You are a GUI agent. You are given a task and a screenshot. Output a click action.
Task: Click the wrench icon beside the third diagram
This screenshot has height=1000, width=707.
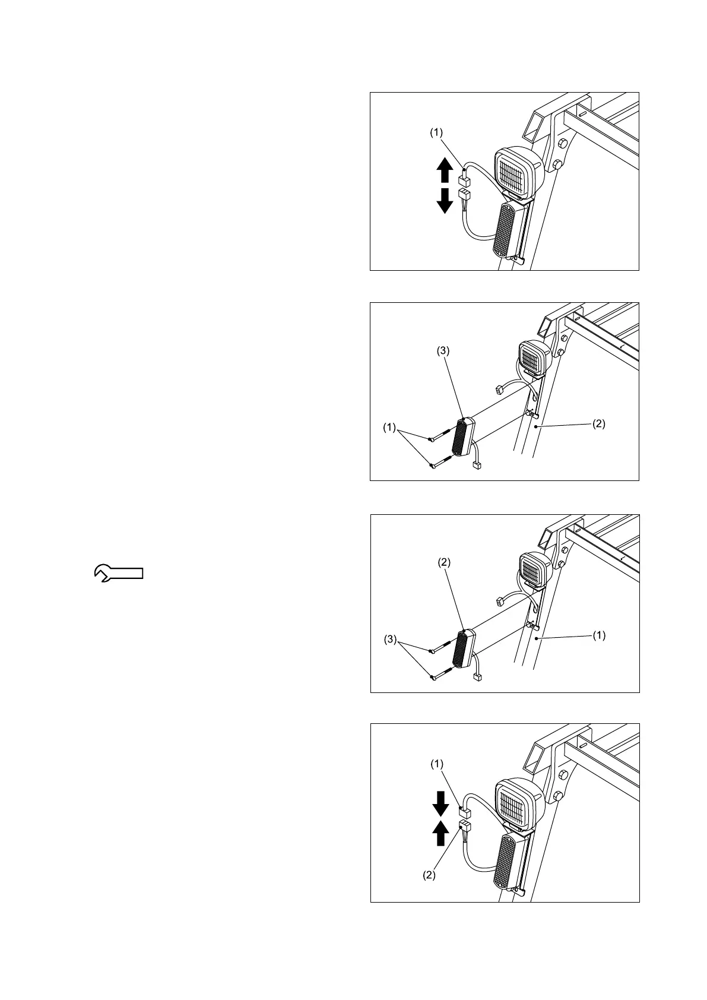[x=119, y=573]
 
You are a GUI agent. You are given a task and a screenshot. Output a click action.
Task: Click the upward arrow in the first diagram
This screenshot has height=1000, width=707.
[x=444, y=170]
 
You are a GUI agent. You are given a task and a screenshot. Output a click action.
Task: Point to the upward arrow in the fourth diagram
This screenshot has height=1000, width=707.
[x=440, y=834]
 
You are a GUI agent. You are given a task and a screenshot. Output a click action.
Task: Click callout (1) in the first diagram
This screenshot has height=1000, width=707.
[x=436, y=134]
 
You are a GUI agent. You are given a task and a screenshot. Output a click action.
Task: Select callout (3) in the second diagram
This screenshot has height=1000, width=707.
[x=444, y=351]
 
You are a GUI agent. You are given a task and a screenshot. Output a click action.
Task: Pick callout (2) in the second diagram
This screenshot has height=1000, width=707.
[x=599, y=424]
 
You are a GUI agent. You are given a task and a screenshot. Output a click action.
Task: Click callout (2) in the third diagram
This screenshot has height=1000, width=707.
[x=444, y=562]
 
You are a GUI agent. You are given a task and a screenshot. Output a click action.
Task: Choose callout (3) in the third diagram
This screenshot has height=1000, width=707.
[x=389, y=640]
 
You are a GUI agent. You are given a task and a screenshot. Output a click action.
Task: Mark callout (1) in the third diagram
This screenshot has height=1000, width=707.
[x=599, y=635]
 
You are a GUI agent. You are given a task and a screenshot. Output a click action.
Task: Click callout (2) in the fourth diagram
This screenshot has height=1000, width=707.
[x=429, y=875]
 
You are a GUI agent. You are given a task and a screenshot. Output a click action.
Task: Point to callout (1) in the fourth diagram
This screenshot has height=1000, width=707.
[x=436, y=765]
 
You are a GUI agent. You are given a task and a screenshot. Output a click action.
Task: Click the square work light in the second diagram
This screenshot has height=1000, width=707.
[x=532, y=358]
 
